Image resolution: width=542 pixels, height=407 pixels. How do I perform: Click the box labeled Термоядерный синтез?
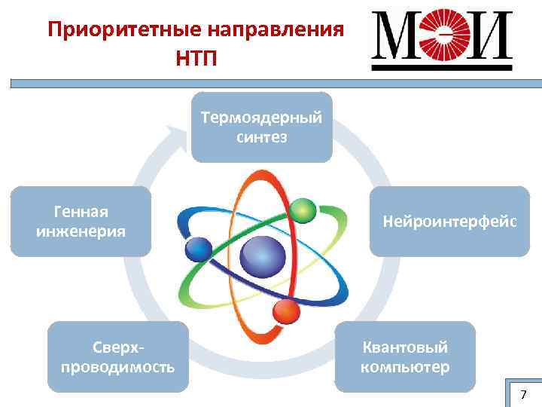(261, 127)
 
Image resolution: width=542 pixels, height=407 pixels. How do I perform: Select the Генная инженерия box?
(81, 221)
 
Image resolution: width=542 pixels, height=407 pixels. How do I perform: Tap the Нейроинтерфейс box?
(449, 221)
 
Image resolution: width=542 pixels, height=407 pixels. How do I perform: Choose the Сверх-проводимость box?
(117, 357)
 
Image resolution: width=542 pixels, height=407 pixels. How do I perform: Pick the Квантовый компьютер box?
(405, 357)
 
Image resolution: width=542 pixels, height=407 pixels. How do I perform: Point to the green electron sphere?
(303, 209)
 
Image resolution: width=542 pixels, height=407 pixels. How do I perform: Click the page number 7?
(524, 395)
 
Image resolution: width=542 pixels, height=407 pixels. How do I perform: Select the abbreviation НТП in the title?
(196, 58)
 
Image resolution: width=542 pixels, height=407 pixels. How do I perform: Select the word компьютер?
(405, 367)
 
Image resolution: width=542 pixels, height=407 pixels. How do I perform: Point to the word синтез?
(261, 137)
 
